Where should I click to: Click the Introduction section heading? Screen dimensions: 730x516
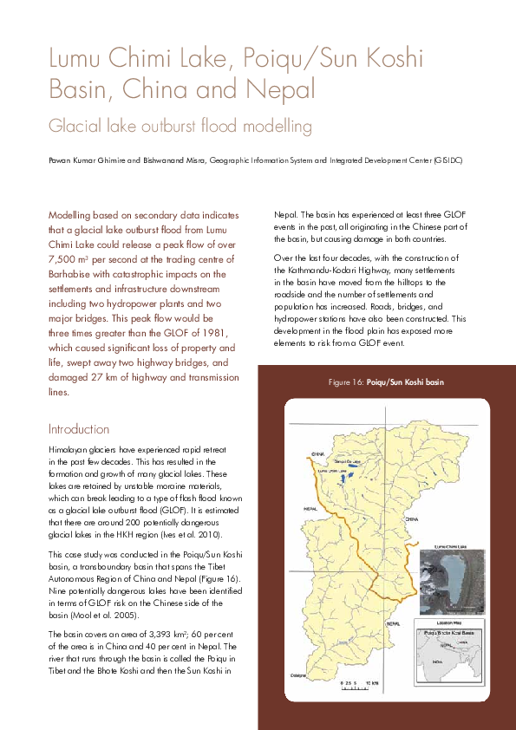pos(79,429)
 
